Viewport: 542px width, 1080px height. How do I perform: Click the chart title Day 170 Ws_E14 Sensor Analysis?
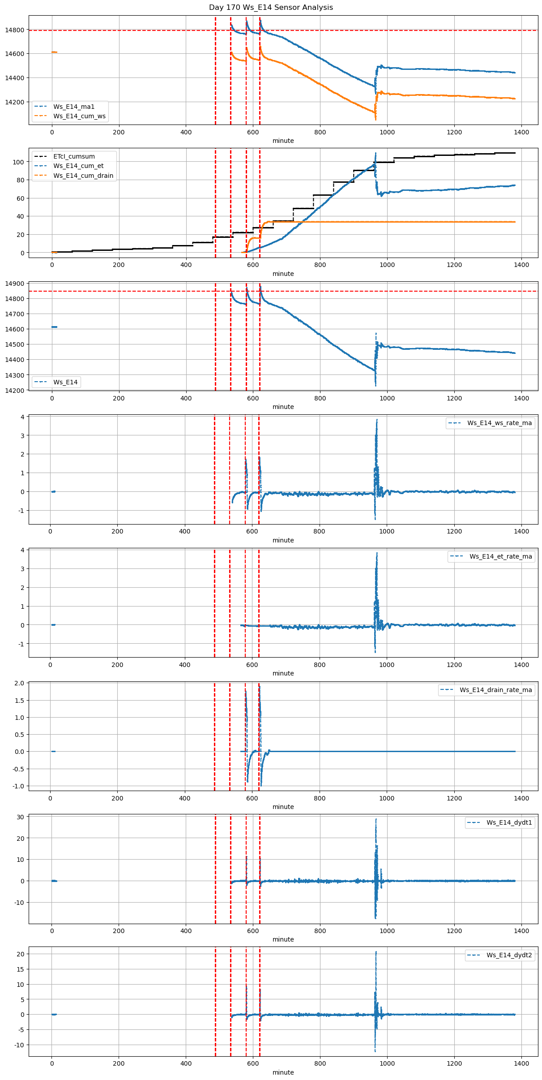point(271,8)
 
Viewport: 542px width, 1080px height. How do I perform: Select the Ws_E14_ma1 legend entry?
point(74,107)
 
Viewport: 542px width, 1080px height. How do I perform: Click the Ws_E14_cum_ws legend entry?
point(79,116)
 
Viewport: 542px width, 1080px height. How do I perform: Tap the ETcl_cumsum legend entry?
point(74,156)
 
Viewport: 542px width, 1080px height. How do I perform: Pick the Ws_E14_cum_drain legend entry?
point(83,176)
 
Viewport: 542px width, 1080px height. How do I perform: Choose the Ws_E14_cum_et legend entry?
point(78,166)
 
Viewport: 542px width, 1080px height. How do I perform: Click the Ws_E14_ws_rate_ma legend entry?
point(499,423)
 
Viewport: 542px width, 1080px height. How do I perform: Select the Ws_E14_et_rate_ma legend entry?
point(500,556)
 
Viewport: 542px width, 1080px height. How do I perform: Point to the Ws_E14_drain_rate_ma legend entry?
point(495,690)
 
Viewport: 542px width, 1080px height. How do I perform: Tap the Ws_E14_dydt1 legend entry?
point(509,822)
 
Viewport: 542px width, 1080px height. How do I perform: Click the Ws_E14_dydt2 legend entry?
point(509,955)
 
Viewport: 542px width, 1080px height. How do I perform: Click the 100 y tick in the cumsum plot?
point(18,162)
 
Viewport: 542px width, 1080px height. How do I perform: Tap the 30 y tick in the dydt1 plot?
point(21,817)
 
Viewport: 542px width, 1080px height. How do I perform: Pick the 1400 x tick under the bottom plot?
point(521,1063)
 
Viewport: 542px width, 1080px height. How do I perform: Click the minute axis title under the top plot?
point(283,141)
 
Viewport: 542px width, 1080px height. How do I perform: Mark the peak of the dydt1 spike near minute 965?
point(376,819)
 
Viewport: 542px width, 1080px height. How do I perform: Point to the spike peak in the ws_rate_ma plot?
point(377,420)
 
